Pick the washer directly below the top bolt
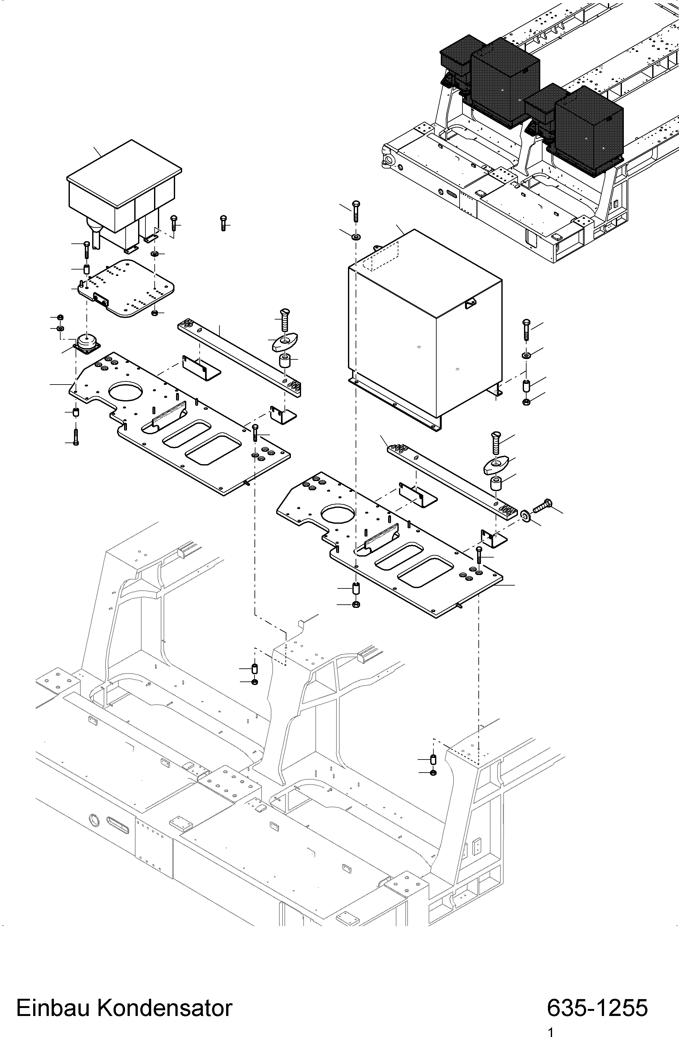point(355,237)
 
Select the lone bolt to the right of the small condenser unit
point(223,223)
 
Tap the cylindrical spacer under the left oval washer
point(284,361)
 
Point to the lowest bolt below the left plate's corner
point(76,436)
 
